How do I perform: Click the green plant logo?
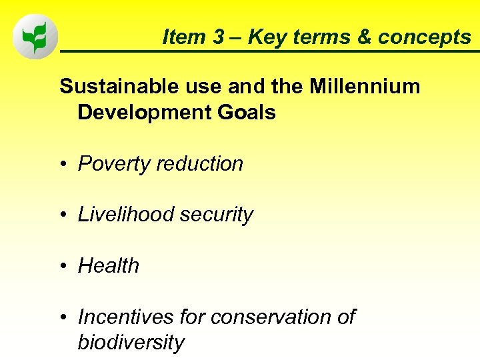tap(35, 37)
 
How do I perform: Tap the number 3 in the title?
tap(219, 37)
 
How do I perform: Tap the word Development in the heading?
tap(138, 113)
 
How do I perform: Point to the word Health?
tap(109, 266)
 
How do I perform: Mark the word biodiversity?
tap(131, 343)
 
